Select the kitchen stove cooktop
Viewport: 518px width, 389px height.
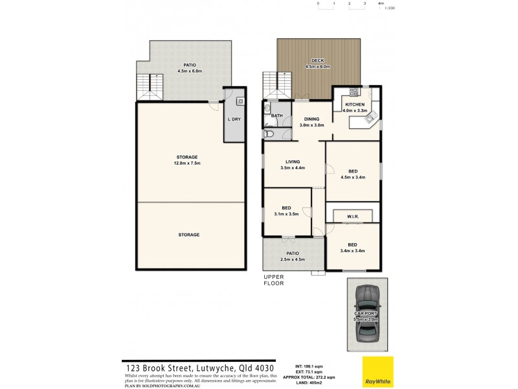pyautogui.click(x=354, y=92)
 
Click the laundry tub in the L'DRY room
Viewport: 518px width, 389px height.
pyautogui.click(x=240, y=101)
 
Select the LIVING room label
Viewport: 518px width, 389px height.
pyautogui.click(x=293, y=161)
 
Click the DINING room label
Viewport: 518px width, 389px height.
pyautogui.click(x=312, y=119)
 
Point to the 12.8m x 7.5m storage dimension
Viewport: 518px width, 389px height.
pyautogui.click(x=188, y=163)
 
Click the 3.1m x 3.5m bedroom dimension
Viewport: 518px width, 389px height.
pyautogui.click(x=286, y=213)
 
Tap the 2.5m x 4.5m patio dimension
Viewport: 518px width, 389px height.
pyautogui.click(x=293, y=259)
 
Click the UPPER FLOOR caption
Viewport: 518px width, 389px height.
pyautogui.click(x=273, y=279)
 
